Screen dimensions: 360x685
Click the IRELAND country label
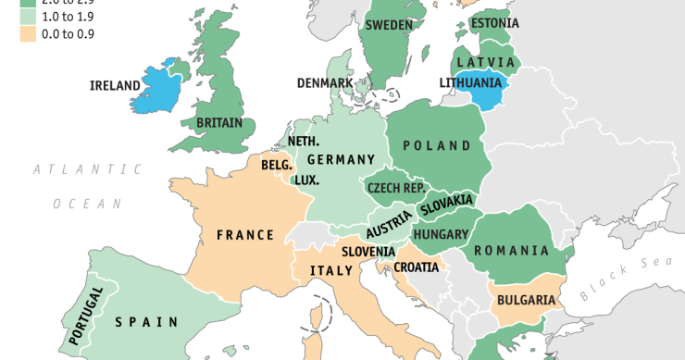115,86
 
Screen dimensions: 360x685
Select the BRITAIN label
219,122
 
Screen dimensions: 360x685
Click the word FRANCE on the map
245,235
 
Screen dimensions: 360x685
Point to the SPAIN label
146,322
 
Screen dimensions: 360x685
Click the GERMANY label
342,159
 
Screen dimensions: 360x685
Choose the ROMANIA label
511,251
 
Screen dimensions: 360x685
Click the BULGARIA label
526,300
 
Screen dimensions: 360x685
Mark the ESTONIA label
494,23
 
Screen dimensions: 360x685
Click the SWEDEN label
389,25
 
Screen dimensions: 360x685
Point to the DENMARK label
324,82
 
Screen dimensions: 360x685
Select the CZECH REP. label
396,187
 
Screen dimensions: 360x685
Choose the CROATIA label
417,267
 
